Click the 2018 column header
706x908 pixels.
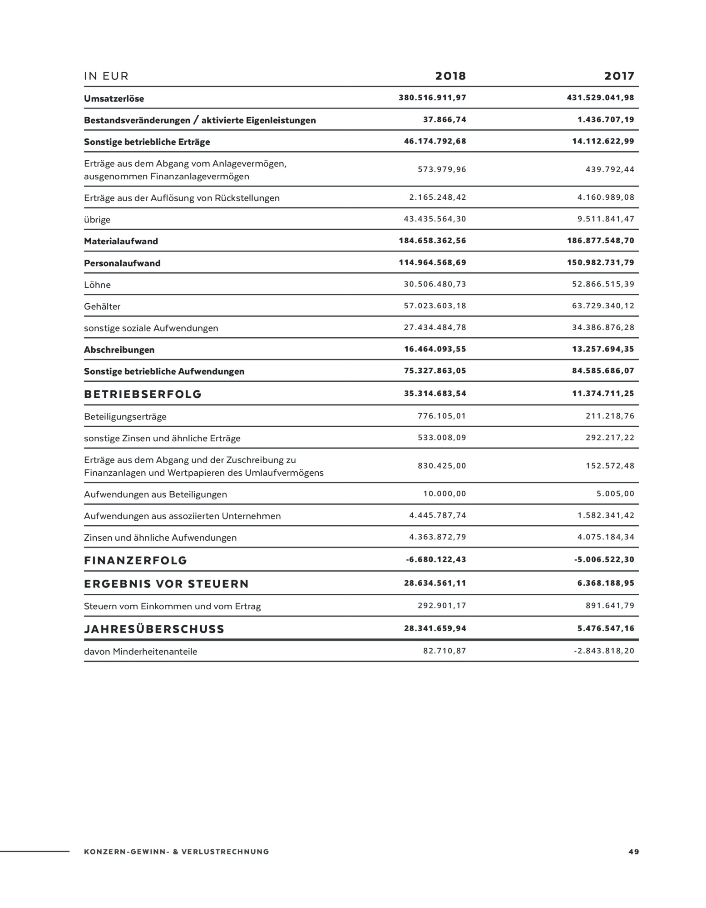click(x=450, y=76)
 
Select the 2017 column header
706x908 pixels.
click(x=619, y=76)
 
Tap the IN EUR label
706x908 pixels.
click(x=106, y=76)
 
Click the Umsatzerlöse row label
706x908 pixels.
click(x=114, y=99)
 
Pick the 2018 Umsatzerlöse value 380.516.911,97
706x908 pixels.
click(x=432, y=98)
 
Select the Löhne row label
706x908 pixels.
click(x=97, y=285)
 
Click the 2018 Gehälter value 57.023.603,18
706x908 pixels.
click(x=435, y=306)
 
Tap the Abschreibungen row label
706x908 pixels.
click(x=119, y=350)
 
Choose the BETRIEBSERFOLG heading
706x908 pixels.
click(x=143, y=394)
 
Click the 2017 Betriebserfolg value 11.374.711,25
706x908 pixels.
click(x=603, y=394)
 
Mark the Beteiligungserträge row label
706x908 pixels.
click(x=125, y=417)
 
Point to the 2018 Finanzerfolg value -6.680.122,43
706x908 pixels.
click(x=436, y=560)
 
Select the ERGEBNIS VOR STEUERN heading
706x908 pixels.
click(x=166, y=584)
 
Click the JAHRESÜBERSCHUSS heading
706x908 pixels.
click(x=154, y=629)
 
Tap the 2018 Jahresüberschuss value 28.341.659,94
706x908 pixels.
click(x=435, y=629)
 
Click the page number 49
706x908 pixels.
click(x=633, y=852)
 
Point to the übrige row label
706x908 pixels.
click(x=97, y=220)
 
